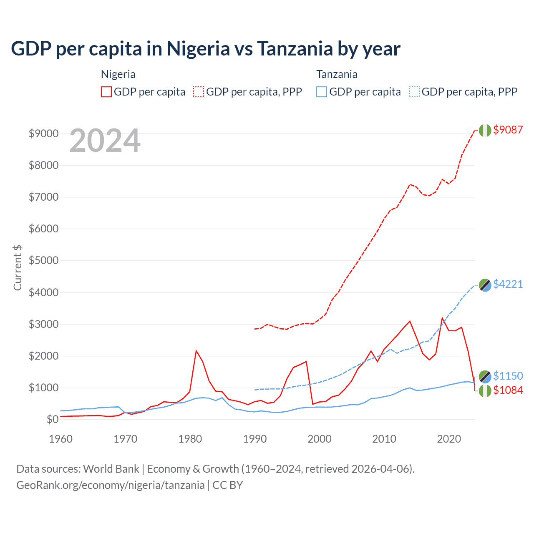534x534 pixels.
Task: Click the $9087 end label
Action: (x=508, y=130)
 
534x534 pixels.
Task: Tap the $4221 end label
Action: (x=508, y=284)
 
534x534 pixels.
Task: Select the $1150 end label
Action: (x=508, y=376)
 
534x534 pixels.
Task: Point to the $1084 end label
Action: (x=508, y=390)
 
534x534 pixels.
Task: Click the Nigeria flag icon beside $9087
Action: (x=485, y=130)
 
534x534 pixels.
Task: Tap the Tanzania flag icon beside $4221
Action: (x=485, y=285)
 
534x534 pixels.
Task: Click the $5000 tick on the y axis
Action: (x=43, y=261)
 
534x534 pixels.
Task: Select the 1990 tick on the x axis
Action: (x=255, y=439)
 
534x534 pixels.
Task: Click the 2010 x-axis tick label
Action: (x=384, y=439)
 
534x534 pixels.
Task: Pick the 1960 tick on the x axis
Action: (x=61, y=439)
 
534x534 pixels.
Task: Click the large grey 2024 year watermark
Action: (x=105, y=141)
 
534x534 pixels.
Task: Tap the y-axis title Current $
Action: (x=18, y=267)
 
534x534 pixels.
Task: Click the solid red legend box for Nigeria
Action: (x=106, y=92)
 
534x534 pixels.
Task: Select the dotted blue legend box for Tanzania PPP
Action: (x=414, y=92)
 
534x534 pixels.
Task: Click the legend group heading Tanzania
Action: (x=337, y=74)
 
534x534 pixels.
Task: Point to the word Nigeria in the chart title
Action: (x=198, y=49)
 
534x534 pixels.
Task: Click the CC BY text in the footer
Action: (x=228, y=485)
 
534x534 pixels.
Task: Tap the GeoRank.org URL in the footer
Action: (x=111, y=485)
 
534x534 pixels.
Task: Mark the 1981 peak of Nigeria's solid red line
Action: (x=196, y=350)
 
